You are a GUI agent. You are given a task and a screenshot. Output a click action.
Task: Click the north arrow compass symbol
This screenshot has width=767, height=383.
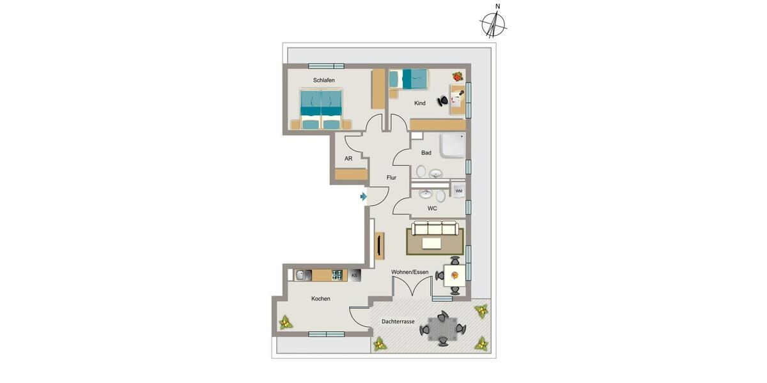(493, 24)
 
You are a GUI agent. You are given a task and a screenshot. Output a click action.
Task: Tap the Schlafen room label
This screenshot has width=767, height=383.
(324, 80)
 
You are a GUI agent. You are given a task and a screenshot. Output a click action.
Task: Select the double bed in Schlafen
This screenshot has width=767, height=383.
(321, 109)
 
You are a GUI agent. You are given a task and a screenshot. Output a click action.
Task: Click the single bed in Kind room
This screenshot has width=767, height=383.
(409, 79)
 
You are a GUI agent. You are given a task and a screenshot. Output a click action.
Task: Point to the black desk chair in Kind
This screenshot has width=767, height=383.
(443, 100)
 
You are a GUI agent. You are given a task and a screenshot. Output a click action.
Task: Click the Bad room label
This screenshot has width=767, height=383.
(426, 153)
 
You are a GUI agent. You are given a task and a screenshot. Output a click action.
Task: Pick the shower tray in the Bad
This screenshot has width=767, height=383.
(452, 146)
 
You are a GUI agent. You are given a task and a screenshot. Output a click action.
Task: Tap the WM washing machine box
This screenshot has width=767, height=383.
(459, 191)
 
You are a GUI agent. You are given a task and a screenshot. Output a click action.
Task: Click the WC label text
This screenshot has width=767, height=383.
(432, 209)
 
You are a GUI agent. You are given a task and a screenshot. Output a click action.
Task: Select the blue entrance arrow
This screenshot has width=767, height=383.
(364, 197)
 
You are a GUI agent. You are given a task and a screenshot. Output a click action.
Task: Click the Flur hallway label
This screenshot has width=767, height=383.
(392, 178)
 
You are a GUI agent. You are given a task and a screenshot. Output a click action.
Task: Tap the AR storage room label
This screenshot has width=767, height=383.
(348, 158)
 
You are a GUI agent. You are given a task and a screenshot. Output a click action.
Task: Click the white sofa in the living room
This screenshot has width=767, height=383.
(434, 228)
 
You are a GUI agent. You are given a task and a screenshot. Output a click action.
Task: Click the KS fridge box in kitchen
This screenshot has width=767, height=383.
(355, 275)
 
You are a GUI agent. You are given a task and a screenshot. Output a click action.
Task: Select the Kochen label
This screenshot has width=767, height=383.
(320, 299)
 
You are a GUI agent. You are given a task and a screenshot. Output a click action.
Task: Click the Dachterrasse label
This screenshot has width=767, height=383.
(398, 322)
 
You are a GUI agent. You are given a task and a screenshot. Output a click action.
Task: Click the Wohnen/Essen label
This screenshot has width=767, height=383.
(410, 272)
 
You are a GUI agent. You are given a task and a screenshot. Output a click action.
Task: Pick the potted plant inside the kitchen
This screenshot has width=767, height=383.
(286, 322)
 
